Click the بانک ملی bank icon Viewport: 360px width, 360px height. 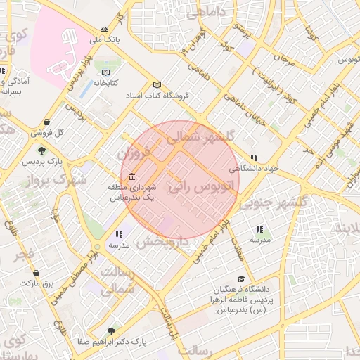105,29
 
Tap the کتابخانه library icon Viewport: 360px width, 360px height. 106,72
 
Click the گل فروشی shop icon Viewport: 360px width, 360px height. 46,122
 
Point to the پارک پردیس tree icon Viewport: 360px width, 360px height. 42,150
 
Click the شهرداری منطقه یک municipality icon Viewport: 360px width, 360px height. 132,176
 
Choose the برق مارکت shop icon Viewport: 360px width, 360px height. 37,273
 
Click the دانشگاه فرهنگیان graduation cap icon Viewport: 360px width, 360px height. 242,279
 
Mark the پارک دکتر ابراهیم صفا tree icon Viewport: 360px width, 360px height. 110,330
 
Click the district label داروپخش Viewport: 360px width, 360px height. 163,241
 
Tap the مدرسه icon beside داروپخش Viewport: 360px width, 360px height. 120,234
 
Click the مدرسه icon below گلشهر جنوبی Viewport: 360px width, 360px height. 259,229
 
